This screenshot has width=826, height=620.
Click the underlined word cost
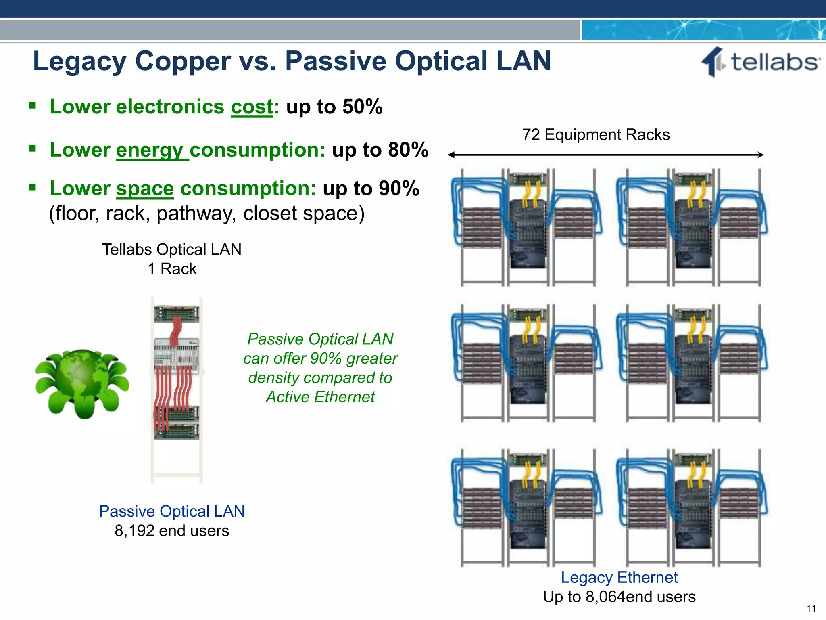tap(252, 107)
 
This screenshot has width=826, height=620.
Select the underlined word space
tap(145, 189)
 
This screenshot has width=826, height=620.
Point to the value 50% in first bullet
tap(362, 107)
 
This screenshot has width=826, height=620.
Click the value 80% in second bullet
tap(408, 150)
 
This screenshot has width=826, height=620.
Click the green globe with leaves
tap(82, 383)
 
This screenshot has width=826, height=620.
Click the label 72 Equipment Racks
tap(596, 135)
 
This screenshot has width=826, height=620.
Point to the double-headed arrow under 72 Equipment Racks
tap(605, 155)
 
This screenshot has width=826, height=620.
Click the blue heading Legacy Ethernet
tap(619, 578)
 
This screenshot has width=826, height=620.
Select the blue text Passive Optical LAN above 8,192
tap(172, 511)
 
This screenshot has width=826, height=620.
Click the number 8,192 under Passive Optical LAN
tap(134, 531)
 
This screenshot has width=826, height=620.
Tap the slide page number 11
tap(811, 609)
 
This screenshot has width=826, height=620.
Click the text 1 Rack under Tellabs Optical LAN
tap(172, 269)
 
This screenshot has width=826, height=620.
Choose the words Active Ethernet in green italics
tap(320, 397)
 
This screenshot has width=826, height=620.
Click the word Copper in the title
tap(183, 61)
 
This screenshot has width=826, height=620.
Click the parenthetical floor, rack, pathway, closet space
tap(206, 214)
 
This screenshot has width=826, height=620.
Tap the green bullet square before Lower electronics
tap(33, 106)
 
